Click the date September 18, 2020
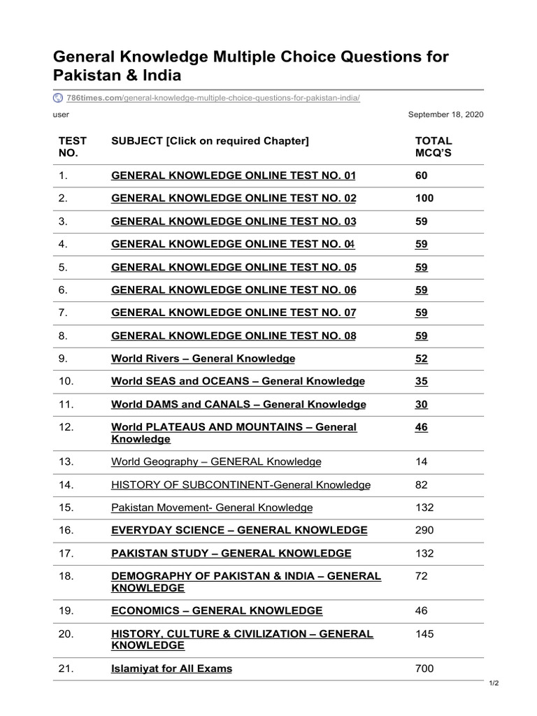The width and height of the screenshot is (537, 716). point(445,114)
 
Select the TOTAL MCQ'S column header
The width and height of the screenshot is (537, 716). point(434,147)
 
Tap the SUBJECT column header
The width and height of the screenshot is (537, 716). point(210,141)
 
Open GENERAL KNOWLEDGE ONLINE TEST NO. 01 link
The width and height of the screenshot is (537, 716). point(234,176)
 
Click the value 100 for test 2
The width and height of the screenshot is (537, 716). point(424,198)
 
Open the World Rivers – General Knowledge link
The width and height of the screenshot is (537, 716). point(203,359)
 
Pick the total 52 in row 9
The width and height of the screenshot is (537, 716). point(421,359)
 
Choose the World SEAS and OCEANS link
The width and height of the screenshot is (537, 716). point(238,381)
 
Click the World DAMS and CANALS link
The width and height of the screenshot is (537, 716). point(238,404)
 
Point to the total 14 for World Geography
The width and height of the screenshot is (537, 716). point(421,461)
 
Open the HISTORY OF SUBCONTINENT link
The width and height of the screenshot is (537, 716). point(241,485)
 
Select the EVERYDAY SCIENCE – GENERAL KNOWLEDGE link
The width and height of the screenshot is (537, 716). point(239,530)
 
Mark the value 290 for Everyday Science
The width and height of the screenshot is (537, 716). point(424,530)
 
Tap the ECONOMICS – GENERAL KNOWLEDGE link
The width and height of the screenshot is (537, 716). point(217,610)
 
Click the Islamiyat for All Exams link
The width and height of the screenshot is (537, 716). point(171,668)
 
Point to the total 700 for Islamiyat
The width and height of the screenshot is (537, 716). point(424,668)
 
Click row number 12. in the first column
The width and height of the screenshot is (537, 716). point(66,427)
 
